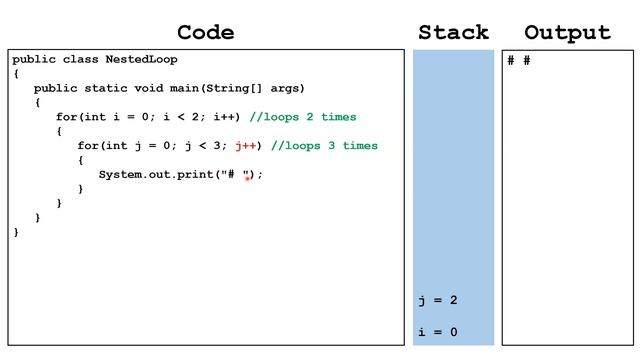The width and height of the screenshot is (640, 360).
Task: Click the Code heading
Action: [205, 32]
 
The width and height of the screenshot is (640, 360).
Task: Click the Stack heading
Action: [453, 32]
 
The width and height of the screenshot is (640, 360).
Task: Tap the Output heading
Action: [567, 32]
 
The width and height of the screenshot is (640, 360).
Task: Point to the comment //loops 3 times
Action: [324, 146]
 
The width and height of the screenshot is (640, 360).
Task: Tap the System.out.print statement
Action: [180, 174]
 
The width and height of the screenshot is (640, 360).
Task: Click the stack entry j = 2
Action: [438, 300]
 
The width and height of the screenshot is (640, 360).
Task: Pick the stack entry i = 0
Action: [438, 332]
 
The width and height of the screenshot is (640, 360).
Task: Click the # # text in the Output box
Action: [519, 61]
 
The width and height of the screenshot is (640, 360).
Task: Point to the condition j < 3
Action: [205, 146]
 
